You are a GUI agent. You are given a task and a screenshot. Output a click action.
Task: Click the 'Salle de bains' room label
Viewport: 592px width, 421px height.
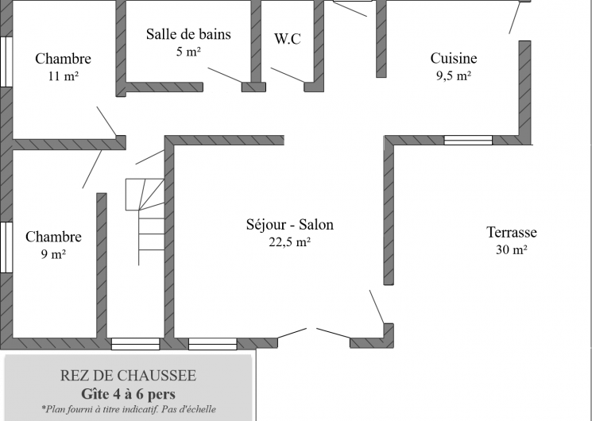tap(188, 34)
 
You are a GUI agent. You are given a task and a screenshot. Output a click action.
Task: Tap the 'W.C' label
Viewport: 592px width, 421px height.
tap(287, 39)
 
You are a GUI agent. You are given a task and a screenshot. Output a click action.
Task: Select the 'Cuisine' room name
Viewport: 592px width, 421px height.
tap(454, 58)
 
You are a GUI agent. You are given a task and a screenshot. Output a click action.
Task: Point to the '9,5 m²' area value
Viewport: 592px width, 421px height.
tap(454, 75)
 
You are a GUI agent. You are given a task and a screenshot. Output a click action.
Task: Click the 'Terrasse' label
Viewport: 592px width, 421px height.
tap(512, 233)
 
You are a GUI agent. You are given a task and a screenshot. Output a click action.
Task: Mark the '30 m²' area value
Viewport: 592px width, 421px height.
tap(512, 250)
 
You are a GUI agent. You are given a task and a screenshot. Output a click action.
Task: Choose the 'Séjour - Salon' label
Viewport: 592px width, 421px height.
tap(290, 225)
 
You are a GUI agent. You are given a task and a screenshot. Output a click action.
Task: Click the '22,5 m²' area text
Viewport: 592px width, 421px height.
tap(290, 243)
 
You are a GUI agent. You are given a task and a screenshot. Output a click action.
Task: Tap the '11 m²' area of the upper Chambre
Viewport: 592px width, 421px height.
tap(63, 76)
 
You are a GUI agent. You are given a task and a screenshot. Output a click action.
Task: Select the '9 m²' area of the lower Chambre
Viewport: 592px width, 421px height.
tap(53, 254)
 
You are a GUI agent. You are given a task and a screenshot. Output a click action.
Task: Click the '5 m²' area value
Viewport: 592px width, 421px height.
tap(188, 52)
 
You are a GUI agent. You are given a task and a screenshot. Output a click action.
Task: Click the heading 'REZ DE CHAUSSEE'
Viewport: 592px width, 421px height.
tap(128, 375)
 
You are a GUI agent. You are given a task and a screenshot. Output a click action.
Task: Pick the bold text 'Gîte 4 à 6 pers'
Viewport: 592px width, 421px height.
tap(128, 393)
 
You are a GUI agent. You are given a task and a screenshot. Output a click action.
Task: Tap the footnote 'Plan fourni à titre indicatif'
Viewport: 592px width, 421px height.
tap(128, 410)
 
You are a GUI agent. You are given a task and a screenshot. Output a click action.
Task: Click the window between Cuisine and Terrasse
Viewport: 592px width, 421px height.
tap(467, 141)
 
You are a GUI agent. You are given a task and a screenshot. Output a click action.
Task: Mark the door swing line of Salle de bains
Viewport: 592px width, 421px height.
tap(227, 75)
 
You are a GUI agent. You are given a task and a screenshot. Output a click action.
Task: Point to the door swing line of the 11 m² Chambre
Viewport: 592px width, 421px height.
tap(106, 122)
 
